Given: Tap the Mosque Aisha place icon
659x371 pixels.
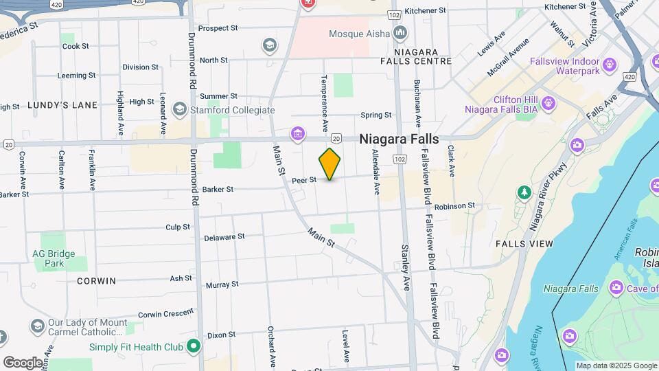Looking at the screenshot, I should (400, 33).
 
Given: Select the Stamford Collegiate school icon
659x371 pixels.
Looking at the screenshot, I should (180, 109).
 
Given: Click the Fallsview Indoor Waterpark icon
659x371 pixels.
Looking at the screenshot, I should (609, 66).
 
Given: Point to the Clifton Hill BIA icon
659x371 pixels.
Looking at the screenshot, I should (548, 103).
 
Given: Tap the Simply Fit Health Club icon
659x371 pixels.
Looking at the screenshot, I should (194, 346).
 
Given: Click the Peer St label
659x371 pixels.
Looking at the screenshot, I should (303, 180).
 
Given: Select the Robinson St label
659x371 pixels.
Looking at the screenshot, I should (454, 205).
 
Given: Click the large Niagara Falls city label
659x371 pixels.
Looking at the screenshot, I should (399, 138).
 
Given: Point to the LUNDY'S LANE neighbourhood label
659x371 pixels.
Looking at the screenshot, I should (62, 105).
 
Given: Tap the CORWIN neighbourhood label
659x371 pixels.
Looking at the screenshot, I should (96, 281).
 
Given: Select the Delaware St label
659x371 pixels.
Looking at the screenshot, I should (224, 237).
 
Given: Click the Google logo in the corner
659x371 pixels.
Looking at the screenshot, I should (23, 362).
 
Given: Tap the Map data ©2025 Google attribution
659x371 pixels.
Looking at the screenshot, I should (616, 366).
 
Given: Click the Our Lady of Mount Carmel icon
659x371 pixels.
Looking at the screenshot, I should (37, 324).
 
